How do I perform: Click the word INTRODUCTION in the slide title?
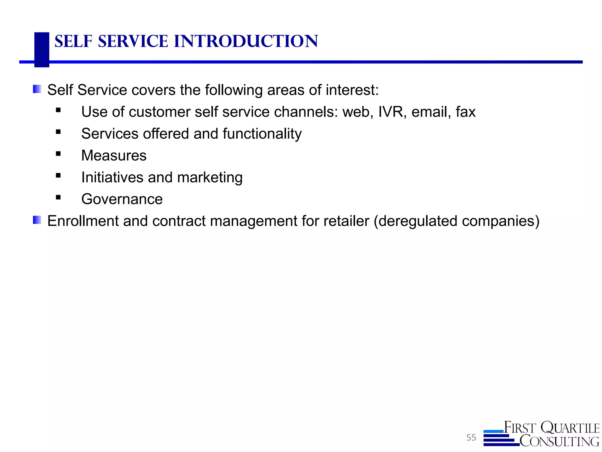tap(246, 41)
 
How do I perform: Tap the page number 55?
tap(471, 438)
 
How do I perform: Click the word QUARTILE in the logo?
tap(570, 428)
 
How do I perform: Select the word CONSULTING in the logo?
tap(559, 441)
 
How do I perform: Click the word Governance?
tap(122, 199)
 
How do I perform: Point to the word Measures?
tap(114, 155)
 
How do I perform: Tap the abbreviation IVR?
tap(391, 112)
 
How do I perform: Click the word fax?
tap(466, 112)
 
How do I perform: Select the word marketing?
tap(210, 177)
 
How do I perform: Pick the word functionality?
tap(262, 134)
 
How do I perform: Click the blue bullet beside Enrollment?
tap(37, 220)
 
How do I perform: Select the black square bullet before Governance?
tap(58, 197)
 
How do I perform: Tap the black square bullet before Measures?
tap(58, 154)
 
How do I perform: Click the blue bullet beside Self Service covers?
tap(37, 89)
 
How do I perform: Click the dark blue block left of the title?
tap(42, 49)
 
